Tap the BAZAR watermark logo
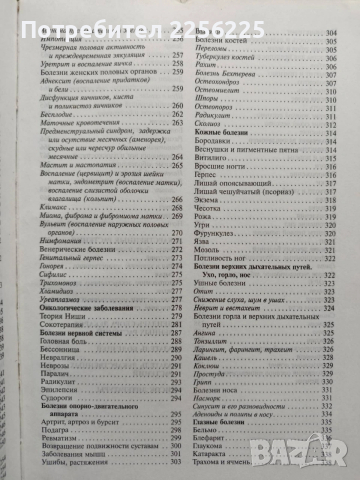pos(315,455)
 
